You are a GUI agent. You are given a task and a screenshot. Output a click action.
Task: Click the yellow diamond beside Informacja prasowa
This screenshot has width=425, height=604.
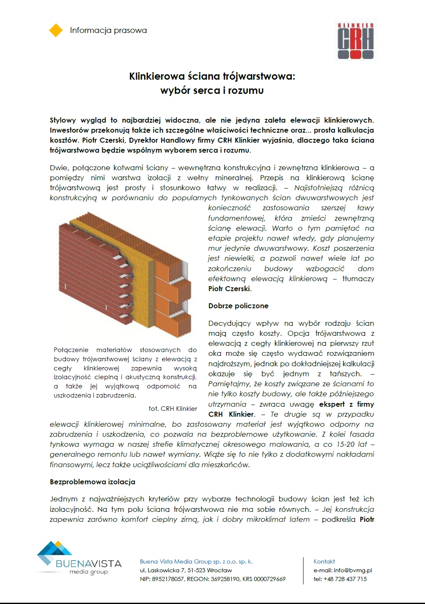[56, 30]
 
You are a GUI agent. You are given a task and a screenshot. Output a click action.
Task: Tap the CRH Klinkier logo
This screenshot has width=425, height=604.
[355, 40]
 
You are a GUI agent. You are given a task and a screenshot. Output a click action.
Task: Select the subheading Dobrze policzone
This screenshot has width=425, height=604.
[238, 306]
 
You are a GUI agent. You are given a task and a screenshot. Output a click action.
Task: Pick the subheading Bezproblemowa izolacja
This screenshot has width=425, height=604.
[92, 482]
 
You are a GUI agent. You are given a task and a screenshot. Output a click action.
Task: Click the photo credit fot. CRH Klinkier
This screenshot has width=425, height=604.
[172, 409]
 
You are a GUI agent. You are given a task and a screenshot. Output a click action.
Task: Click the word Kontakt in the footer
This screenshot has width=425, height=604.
[324, 561]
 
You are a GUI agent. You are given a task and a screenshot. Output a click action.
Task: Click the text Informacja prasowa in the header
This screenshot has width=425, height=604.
[108, 30]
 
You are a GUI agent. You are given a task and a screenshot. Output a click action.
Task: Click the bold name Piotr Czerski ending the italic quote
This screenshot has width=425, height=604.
[229, 289]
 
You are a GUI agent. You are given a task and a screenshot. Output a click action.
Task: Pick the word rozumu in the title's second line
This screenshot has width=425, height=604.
[246, 91]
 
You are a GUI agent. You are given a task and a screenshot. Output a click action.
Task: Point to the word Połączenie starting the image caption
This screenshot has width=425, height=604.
[72, 350]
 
